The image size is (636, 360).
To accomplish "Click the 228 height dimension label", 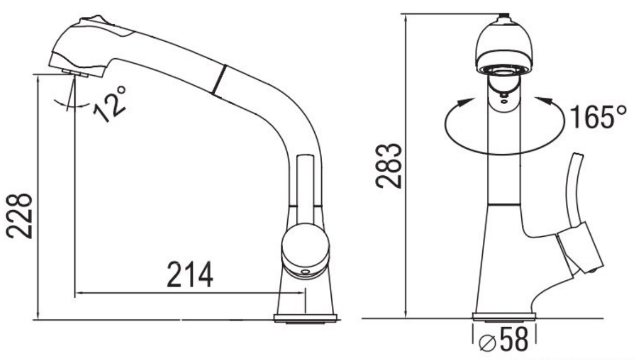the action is [19, 216].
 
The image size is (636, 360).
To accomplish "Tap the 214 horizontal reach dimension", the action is [190, 275].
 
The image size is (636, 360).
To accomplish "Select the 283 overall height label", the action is [388, 166].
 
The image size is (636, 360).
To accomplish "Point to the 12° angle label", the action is [110, 103].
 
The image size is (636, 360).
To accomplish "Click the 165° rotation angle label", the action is [598, 117].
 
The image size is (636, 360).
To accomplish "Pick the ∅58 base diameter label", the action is [504, 339].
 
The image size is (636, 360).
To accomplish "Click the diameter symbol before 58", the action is [487, 343].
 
